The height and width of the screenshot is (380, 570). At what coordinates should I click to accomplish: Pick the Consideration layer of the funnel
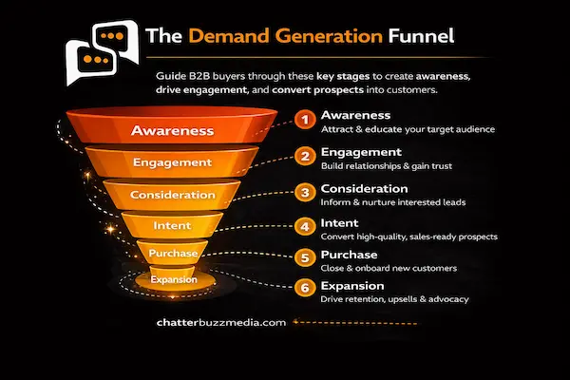(x=173, y=195)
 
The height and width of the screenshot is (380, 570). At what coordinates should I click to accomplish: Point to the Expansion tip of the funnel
(x=173, y=280)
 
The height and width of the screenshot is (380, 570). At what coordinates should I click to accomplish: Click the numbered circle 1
(x=304, y=121)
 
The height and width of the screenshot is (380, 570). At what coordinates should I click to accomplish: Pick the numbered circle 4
(x=304, y=226)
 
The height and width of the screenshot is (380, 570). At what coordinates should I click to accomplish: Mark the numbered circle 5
(x=304, y=257)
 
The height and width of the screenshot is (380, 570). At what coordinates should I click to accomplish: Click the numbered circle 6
(x=304, y=289)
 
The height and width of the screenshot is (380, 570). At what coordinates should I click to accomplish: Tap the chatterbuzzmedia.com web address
(x=219, y=322)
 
